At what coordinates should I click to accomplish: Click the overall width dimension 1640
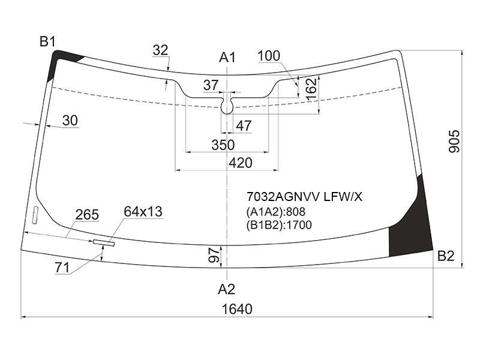[237, 309]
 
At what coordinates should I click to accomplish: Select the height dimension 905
[454, 141]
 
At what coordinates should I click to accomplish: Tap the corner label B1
[47, 41]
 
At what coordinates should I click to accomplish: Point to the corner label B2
[446, 256]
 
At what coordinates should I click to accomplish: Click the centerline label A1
[227, 58]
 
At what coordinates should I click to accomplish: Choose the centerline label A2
[226, 289]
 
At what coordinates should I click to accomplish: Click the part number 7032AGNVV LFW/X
[304, 197]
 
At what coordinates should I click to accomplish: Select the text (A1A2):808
[275, 212]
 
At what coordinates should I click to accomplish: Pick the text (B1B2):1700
[279, 225]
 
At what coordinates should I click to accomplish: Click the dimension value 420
[241, 163]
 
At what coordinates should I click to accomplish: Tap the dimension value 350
[223, 145]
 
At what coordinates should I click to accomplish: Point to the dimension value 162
[311, 89]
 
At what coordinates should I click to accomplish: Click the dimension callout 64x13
[143, 212]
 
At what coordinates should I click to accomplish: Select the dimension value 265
[87, 215]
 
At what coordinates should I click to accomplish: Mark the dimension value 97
[214, 256]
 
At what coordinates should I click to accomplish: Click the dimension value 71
[62, 268]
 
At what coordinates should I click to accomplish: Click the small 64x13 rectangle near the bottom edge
[103, 242]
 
